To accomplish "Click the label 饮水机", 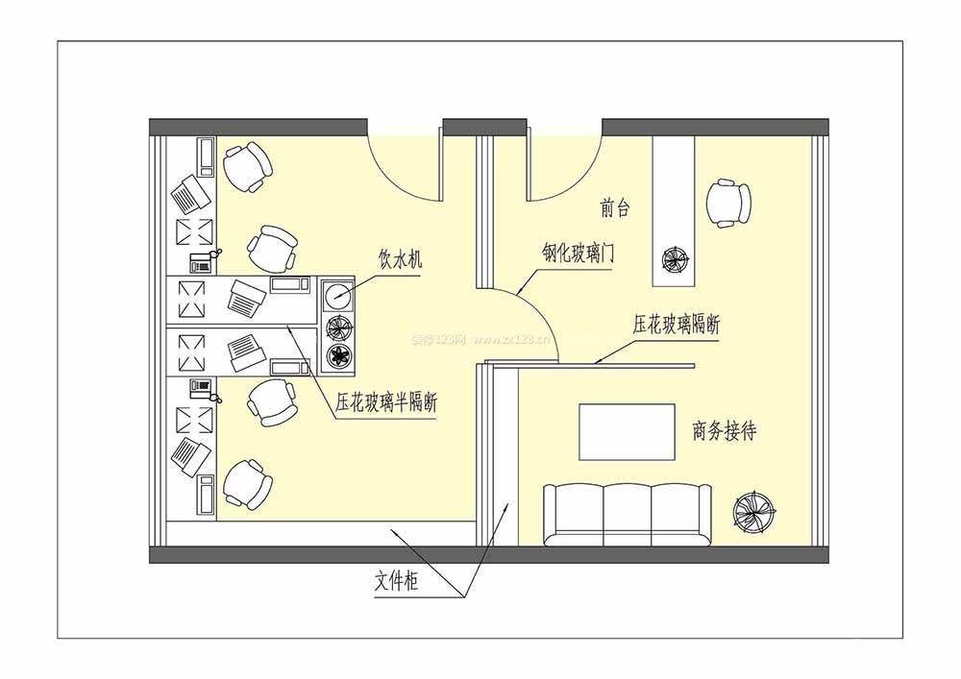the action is point(400,261).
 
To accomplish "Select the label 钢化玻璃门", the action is point(578,253).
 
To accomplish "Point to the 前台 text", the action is point(614,208).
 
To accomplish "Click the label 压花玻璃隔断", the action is point(676,325).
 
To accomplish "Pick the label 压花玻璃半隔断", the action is point(386,402).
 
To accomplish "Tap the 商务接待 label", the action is point(724,431).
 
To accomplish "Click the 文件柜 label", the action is point(397,580).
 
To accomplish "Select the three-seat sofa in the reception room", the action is point(628,515).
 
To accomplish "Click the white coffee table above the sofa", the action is point(627,431).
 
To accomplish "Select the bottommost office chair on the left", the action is point(248,485).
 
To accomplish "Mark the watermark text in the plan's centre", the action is point(480,339).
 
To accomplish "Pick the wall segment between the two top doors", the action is point(484,128).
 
